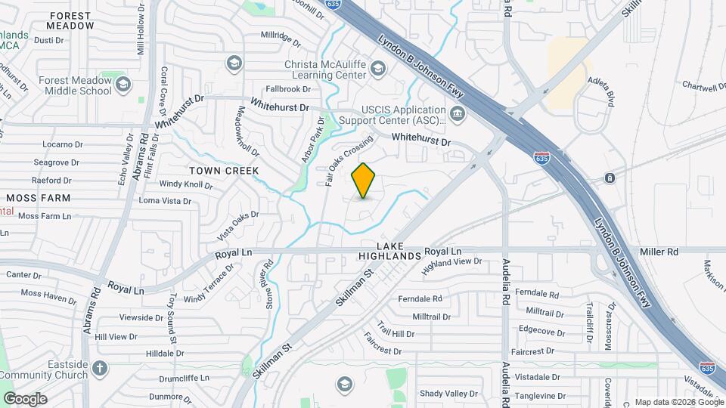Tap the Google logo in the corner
click(25, 398)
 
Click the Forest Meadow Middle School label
click(74, 85)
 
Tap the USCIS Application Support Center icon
click(457, 115)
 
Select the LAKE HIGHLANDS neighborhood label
click(389, 251)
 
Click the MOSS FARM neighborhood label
click(38, 198)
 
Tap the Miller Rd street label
click(658, 251)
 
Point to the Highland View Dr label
click(451, 266)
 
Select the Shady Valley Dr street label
click(449, 394)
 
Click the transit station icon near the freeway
click(609, 178)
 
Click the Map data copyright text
click(678, 402)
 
